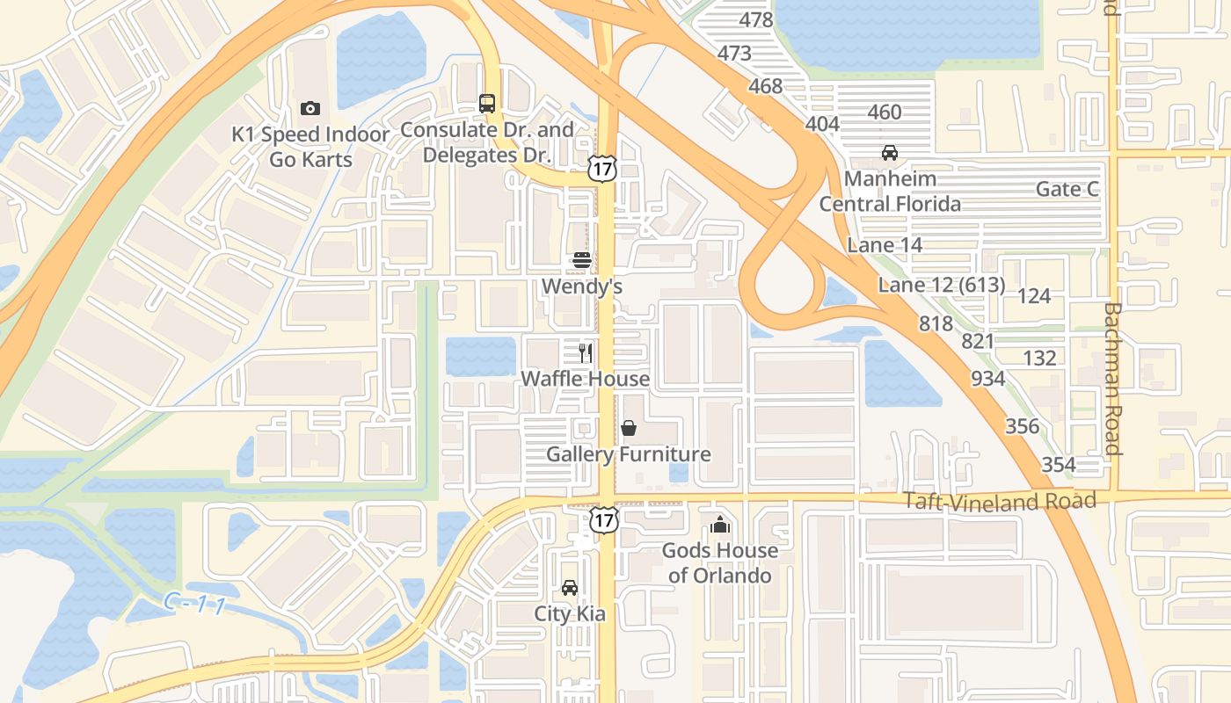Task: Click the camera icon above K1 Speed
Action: [310, 109]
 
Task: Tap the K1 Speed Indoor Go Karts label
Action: [310, 147]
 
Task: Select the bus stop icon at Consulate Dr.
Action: [487, 103]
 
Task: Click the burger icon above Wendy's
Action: [581, 260]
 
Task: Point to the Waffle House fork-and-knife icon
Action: [586, 352]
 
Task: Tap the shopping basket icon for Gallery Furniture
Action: [629, 428]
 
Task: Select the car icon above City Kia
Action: [570, 588]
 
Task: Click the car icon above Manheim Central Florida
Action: [890, 153]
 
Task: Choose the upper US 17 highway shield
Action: [603, 169]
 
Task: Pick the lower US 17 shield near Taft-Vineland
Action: [603, 519]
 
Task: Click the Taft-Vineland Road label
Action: [1001, 501]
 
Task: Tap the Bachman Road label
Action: [1111, 379]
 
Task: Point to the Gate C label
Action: [1067, 189]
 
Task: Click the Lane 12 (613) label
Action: [941, 285]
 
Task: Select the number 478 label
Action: [756, 20]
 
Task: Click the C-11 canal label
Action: [195, 605]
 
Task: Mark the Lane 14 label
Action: [885, 245]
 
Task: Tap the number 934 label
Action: [988, 379]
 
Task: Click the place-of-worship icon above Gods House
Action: [720, 525]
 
